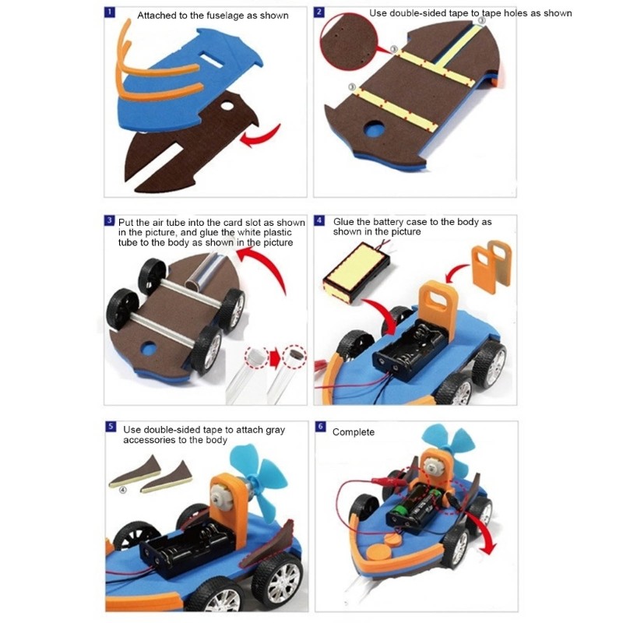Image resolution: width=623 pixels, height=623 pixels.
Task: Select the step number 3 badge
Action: (110, 221)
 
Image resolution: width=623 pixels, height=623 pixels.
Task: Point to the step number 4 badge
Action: (319, 221)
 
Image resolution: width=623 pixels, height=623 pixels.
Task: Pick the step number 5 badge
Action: (110, 428)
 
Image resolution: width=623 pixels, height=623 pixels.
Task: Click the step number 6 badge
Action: (319, 428)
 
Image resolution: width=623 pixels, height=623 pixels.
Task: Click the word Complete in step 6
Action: (354, 431)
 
